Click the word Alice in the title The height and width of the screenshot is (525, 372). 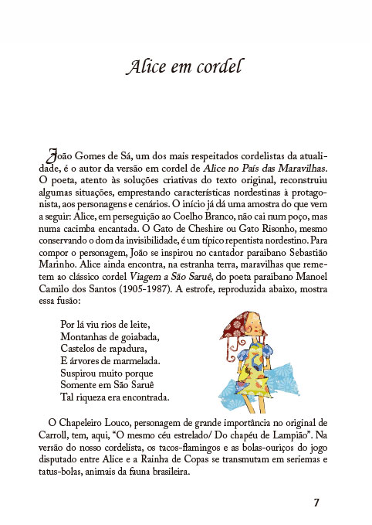pos(145,68)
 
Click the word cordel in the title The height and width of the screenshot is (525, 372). pos(218,68)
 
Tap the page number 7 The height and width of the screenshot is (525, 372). pos(316,502)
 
